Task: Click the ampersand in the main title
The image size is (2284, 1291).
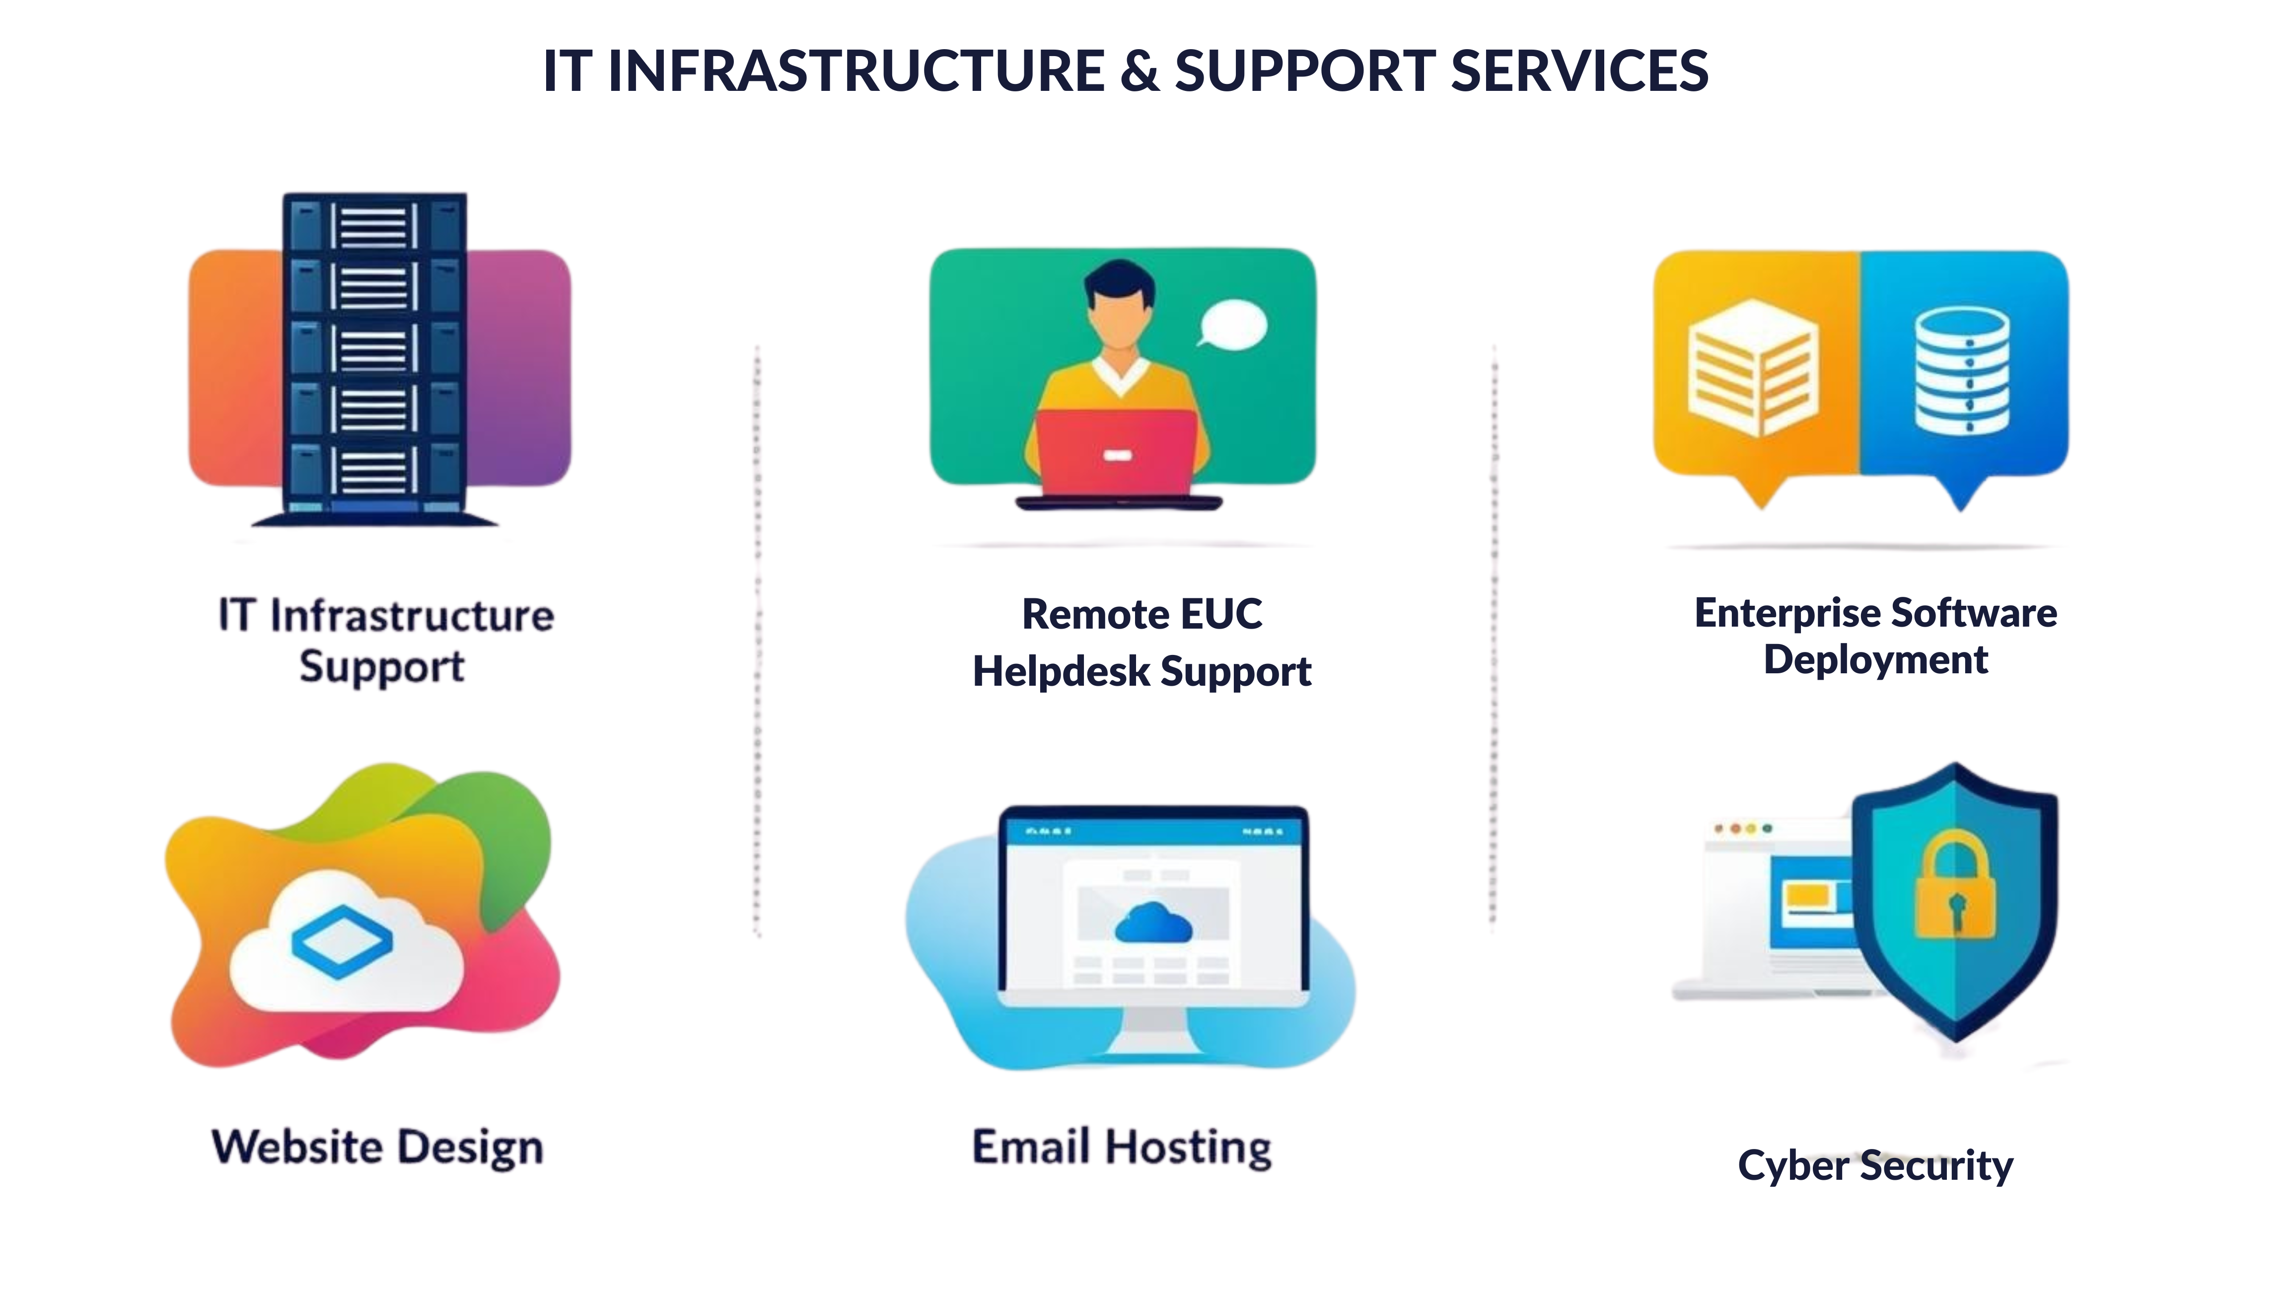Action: [1140, 71]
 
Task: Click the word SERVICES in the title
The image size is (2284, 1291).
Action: [1579, 71]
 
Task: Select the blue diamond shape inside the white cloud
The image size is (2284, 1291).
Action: [342, 941]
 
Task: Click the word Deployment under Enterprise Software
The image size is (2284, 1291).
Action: [1875, 660]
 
